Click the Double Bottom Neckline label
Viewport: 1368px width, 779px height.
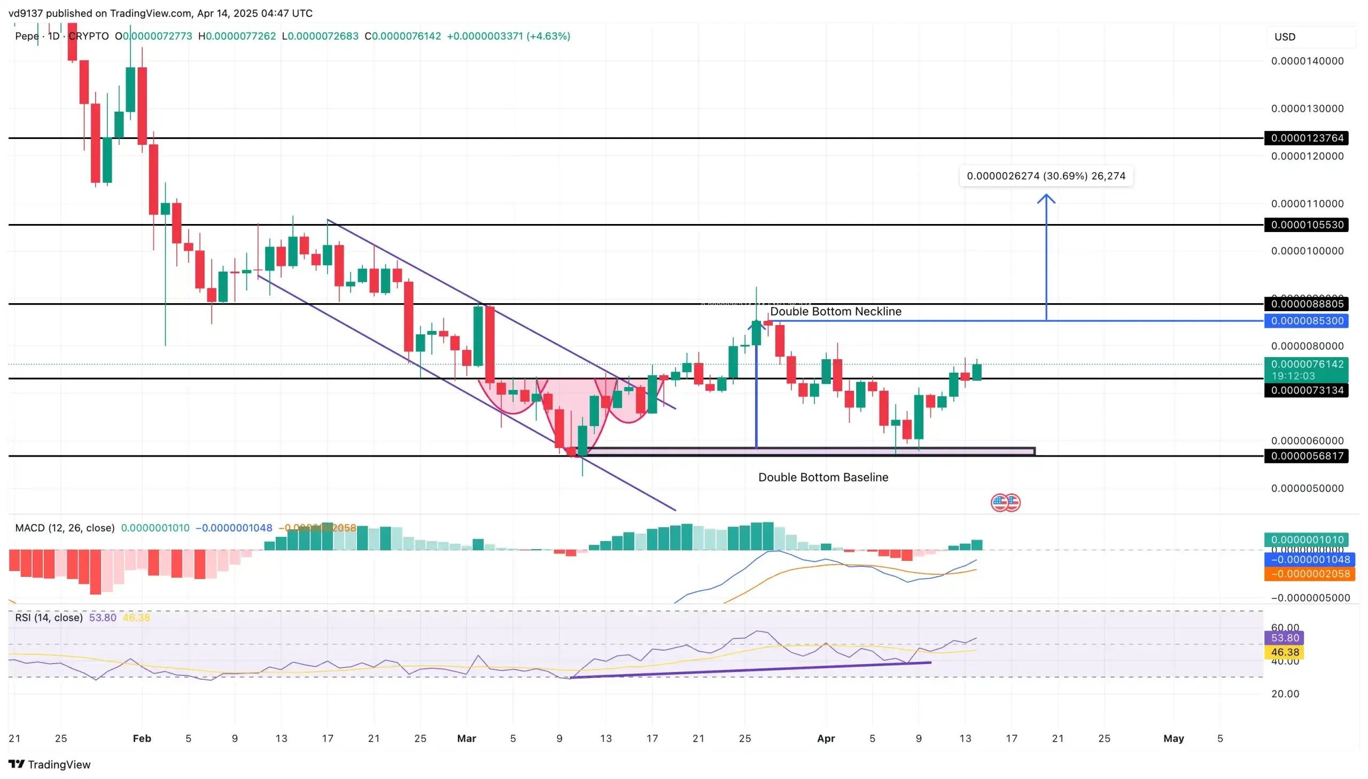835,311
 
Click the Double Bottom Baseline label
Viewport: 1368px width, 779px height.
823,477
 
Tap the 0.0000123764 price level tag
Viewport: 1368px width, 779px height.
1306,138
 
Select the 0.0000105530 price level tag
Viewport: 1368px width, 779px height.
1306,225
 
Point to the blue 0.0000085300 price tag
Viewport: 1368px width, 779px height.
1306,321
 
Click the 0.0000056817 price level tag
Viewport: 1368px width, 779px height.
1306,457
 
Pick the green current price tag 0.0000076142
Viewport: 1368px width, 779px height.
1306,369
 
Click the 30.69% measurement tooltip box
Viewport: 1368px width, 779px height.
1046,176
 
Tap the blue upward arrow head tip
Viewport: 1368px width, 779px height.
1046,195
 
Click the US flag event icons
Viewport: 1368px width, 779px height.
1005,503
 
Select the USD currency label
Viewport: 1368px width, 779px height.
1285,37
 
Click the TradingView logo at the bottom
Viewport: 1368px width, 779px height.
50,764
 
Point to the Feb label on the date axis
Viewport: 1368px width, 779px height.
142,738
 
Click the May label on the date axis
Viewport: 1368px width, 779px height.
1173,738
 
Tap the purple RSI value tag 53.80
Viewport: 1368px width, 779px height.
1285,638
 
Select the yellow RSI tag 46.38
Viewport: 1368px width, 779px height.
1285,652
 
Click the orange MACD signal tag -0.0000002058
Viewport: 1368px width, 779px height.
1306,574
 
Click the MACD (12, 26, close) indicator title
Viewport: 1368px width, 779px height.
65,528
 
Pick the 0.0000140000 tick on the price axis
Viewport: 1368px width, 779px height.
1307,61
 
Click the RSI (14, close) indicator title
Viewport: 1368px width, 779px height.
49,618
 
